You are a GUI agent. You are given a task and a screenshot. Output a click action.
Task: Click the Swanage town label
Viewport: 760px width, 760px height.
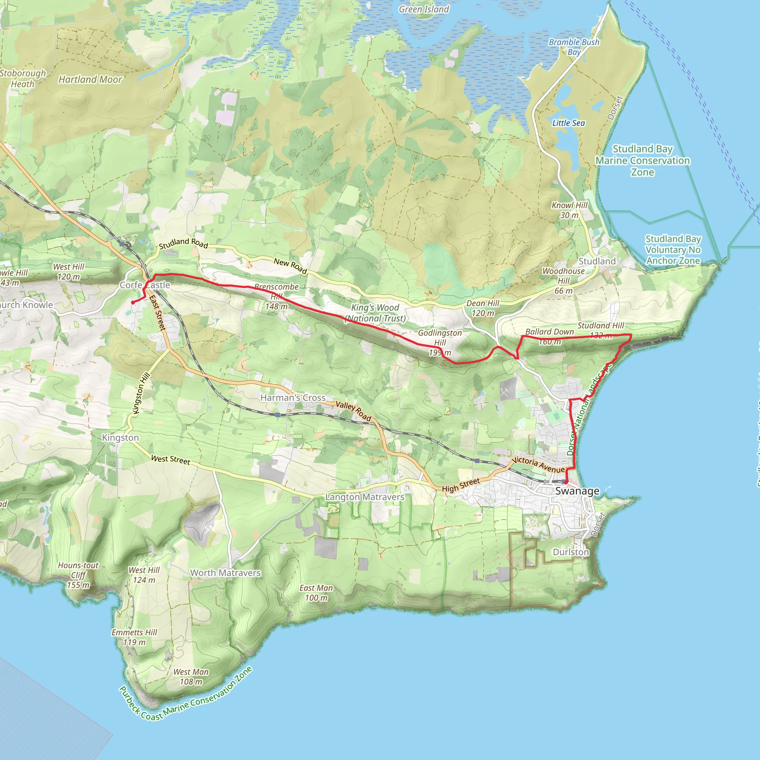point(577,491)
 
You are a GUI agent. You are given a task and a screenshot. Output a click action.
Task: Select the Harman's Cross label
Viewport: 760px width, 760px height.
point(293,398)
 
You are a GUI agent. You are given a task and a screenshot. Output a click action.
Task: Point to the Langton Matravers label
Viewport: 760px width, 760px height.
point(365,497)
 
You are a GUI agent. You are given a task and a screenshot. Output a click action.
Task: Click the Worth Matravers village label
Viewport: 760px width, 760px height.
point(225,573)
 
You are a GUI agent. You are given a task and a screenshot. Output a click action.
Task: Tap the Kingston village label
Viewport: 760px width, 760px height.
point(120,438)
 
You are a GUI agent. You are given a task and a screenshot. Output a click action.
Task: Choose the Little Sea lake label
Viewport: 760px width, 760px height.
point(569,123)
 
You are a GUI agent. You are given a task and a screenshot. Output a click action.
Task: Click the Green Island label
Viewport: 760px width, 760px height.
point(424,9)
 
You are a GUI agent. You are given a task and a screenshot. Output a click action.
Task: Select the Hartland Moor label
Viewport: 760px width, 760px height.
point(90,79)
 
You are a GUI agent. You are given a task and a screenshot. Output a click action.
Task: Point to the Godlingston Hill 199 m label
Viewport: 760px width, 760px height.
point(440,343)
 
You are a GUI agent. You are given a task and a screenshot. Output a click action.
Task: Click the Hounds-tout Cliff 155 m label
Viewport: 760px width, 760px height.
point(78,575)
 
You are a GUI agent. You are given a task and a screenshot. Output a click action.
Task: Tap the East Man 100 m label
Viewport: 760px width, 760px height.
point(316,593)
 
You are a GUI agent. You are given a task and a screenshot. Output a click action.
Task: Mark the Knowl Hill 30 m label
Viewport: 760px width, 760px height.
point(569,210)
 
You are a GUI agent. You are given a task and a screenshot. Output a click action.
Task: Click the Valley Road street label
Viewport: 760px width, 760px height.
point(353,411)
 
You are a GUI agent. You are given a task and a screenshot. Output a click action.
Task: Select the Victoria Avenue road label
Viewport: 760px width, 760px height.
point(538,465)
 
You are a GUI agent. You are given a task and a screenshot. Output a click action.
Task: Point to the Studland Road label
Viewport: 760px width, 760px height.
point(183,243)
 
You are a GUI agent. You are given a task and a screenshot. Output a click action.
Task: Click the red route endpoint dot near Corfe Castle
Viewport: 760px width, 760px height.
point(133,302)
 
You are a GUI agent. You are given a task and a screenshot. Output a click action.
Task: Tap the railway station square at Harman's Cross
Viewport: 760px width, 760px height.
point(278,415)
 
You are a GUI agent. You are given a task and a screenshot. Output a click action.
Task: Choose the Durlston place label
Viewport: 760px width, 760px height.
point(571,552)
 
